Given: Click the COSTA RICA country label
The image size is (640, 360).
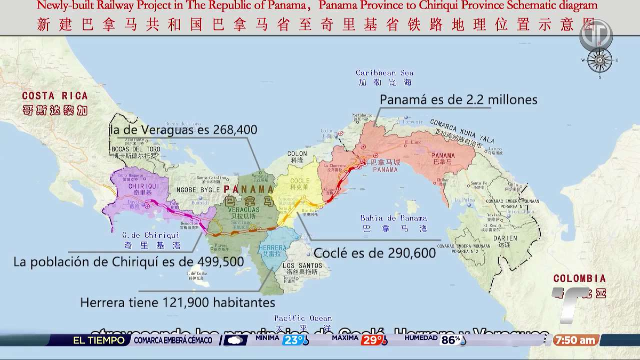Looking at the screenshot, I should coord(54,96).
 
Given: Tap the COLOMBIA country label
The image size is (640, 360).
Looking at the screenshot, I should coord(579,278).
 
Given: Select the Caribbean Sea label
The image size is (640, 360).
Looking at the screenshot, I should coord(384,73).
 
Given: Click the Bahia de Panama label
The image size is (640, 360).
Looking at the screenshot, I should coord(394,218).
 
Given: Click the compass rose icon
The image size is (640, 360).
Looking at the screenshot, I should coord(599,61).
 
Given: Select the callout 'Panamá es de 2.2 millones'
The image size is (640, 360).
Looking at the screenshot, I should coord(458,100).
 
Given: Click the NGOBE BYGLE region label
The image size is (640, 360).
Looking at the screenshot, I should coord(194,188).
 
